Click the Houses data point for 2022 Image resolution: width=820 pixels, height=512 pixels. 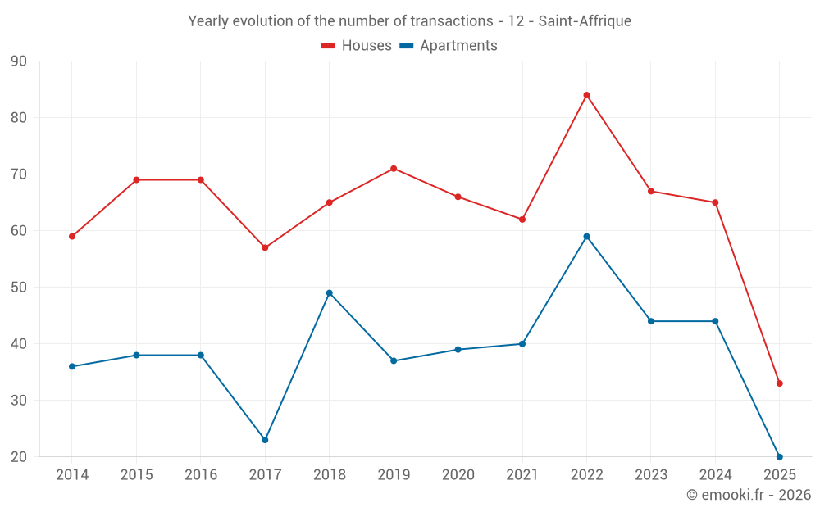point(586,95)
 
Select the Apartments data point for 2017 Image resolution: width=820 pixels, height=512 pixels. point(265,440)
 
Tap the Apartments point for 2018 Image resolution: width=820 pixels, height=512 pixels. point(329,293)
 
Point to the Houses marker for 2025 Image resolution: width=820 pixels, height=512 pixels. point(779,383)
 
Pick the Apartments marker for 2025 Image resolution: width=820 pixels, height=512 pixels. point(779,456)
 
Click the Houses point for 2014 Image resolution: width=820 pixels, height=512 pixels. point(72,237)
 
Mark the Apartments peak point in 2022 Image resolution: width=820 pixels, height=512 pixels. point(586,237)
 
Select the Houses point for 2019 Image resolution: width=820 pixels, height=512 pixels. point(394,169)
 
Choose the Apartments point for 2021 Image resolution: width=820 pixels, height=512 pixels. point(522,344)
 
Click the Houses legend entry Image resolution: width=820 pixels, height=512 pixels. point(357,46)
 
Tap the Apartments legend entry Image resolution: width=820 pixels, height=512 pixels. point(449,46)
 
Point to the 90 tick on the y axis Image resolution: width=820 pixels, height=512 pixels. point(19,61)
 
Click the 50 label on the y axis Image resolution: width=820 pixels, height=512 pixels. point(19,288)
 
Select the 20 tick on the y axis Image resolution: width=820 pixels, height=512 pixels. point(19,457)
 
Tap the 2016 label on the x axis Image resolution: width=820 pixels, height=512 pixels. point(200,475)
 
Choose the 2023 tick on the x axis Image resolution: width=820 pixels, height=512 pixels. point(651,475)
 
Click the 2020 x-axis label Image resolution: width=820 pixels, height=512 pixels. point(458,475)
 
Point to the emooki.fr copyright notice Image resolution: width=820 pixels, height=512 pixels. point(748,495)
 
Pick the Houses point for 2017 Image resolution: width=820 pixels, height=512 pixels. point(265,247)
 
